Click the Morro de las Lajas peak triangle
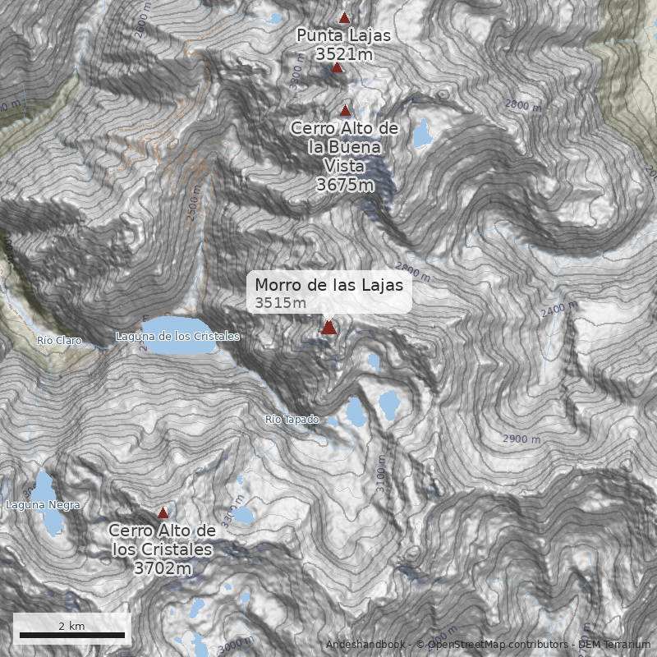click(328, 328)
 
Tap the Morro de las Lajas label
click(328, 285)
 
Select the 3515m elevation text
click(280, 303)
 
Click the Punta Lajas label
click(343, 35)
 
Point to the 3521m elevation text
click(343, 54)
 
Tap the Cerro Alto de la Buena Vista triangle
click(346, 110)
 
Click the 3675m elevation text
click(345, 185)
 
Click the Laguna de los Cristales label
click(177, 337)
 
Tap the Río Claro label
click(59, 340)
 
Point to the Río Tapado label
click(292, 420)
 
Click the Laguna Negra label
click(43, 505)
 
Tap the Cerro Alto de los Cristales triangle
click(163, 512)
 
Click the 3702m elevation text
click(163, 567)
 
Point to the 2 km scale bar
click(72, 635)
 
